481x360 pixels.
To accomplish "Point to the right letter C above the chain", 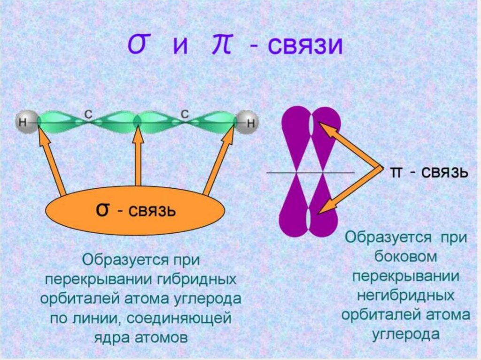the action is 186,113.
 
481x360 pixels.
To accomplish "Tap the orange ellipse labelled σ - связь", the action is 135,211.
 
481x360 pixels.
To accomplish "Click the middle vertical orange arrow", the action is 138,160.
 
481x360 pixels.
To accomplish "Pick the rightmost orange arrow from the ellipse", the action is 219,162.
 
